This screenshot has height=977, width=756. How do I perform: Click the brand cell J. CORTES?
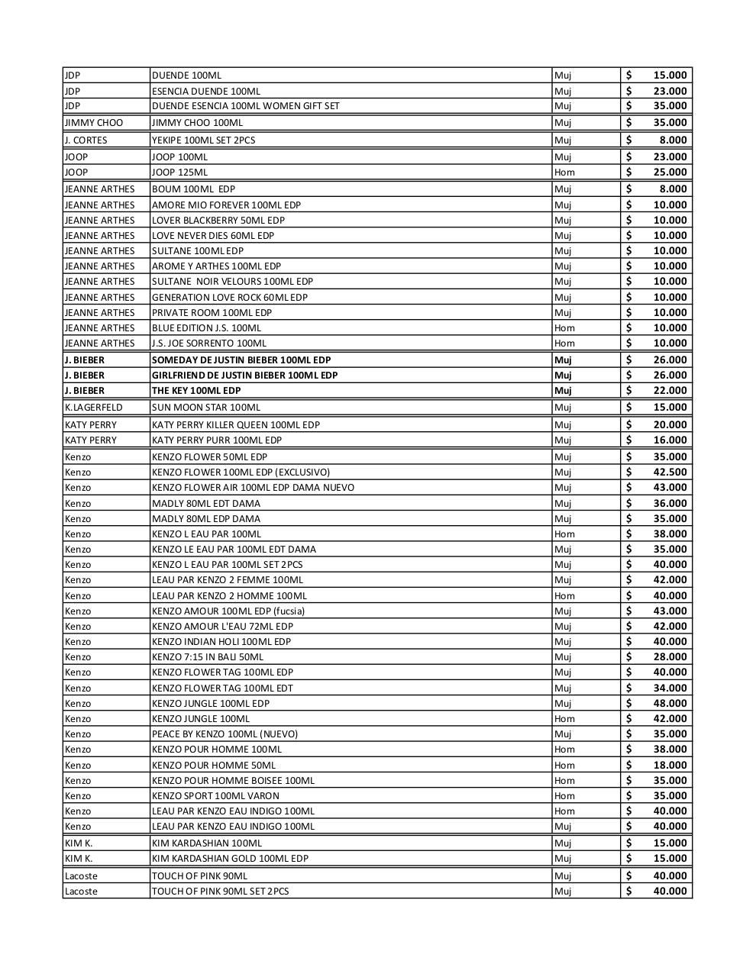pos(86,140)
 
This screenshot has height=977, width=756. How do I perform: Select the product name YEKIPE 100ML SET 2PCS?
pos(203,140)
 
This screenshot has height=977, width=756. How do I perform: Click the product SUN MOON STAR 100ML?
pos(205,407)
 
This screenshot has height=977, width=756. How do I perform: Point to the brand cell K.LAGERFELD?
pos(93,407)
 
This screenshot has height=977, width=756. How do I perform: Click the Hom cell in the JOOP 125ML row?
pos(564,172)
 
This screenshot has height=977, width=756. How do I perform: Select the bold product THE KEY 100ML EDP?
pos(196,390)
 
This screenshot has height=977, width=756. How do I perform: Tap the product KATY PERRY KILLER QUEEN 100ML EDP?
pos(235,424)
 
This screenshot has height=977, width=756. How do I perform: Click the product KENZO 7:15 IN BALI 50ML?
pos(208,656)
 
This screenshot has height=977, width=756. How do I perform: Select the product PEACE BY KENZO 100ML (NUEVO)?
pos(225,734)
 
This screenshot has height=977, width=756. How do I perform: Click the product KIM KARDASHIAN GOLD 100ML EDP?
pos(230,858)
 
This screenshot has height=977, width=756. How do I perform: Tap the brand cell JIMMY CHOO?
pos(93,122)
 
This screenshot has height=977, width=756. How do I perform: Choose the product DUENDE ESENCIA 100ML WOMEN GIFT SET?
pos(245,105)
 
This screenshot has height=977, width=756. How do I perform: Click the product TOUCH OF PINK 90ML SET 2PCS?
pos(220,891)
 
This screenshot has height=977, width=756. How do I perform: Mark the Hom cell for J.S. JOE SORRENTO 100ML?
pos(564,343)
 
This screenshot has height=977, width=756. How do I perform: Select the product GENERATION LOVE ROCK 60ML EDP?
pos(229,297)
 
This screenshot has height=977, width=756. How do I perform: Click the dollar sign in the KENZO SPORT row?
pos(628,795)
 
